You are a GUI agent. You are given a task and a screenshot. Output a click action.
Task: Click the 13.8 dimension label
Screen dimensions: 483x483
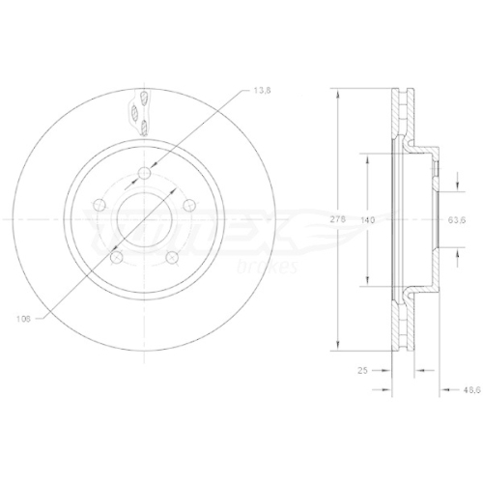point(262,90)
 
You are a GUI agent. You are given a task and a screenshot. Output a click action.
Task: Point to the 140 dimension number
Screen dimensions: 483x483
point(367,221)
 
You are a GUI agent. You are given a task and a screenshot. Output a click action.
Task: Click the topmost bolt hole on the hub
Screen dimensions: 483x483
point(144,173)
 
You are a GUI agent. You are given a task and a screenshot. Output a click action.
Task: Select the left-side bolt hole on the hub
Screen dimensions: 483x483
point(100,204)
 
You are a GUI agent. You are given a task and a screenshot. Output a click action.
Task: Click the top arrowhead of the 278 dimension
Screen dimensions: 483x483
point(337,93)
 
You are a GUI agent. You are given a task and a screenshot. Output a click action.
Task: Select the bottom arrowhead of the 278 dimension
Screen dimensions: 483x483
point(337,349)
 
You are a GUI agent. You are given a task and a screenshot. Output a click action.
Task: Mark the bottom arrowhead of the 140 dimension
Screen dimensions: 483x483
point(367,284)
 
